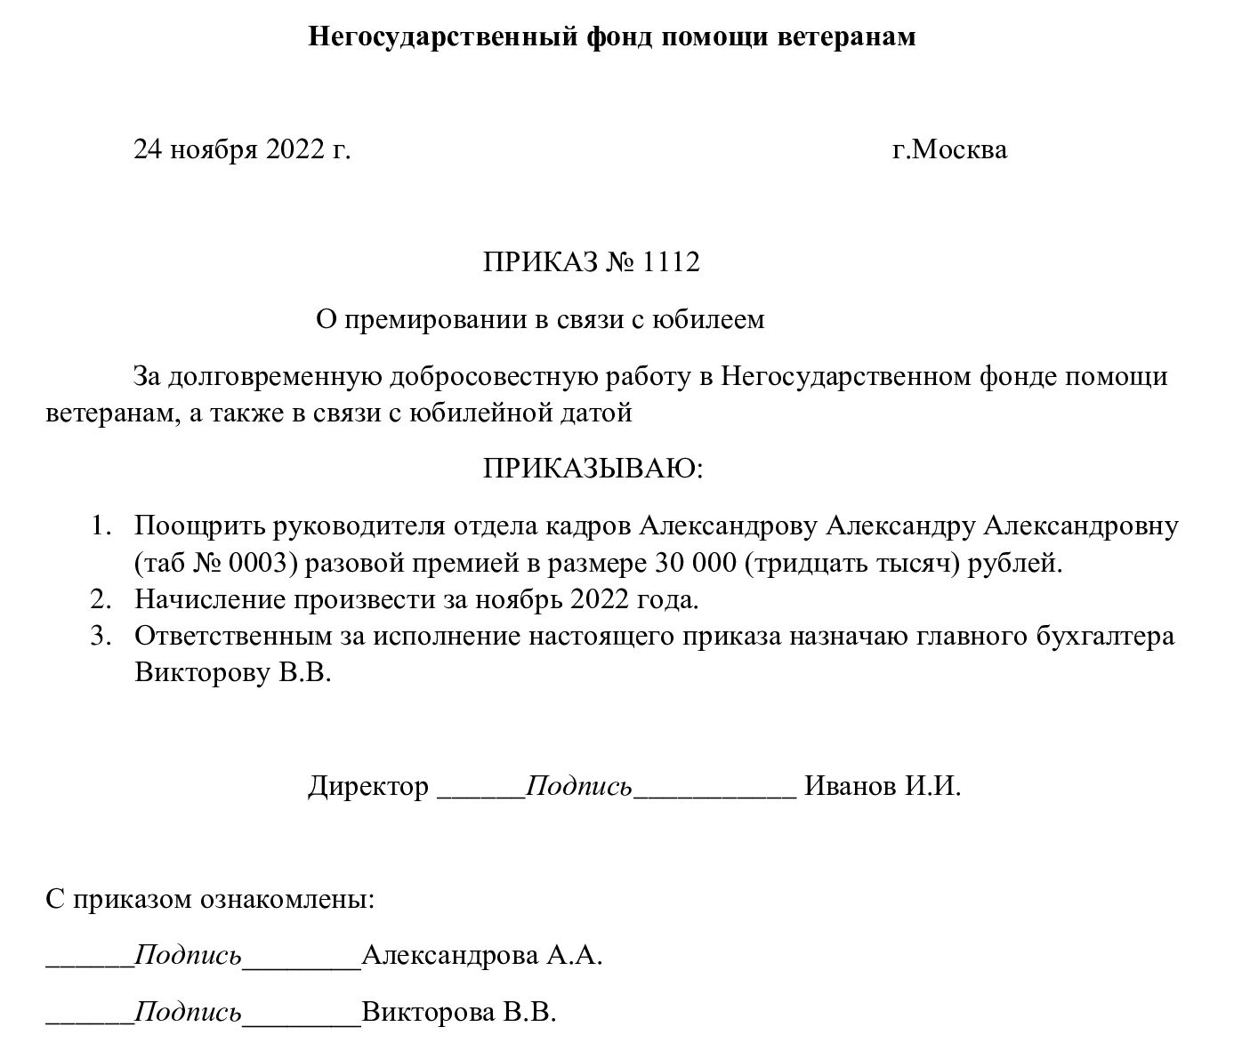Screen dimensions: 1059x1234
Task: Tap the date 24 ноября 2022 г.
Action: coord(242,149)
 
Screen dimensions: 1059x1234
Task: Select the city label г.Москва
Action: coord(949,149)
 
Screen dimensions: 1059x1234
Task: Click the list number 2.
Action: coord(100,600)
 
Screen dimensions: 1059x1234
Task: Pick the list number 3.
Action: coord(100,637)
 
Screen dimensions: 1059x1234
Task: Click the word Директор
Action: coord(368,787)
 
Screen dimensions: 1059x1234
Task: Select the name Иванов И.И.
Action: coord(882,787)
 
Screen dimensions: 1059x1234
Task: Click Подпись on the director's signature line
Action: coord(579,787)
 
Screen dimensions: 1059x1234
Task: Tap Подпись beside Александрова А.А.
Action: coord(188,957)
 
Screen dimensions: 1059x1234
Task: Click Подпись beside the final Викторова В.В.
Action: coord(188,1013)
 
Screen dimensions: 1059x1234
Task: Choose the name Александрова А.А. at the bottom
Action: coord(482,957)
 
